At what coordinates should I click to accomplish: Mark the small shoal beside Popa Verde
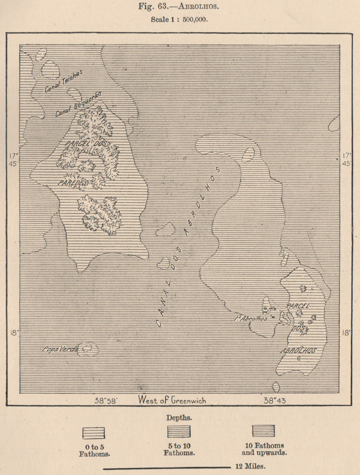tap(88, 349)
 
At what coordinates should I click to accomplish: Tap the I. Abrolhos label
tap(250, 318)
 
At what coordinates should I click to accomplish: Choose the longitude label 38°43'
tap(275, 400)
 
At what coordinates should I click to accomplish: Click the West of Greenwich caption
tap(172, 400)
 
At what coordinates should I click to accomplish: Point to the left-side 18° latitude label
tap(13, 332)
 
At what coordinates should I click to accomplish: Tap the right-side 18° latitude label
tap(347, 332)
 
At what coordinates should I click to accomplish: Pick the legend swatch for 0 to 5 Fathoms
tap(94, 433)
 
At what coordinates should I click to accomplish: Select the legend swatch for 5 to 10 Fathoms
tap(179, 431)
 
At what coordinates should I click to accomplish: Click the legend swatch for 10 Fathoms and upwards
tap(263, 430)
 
